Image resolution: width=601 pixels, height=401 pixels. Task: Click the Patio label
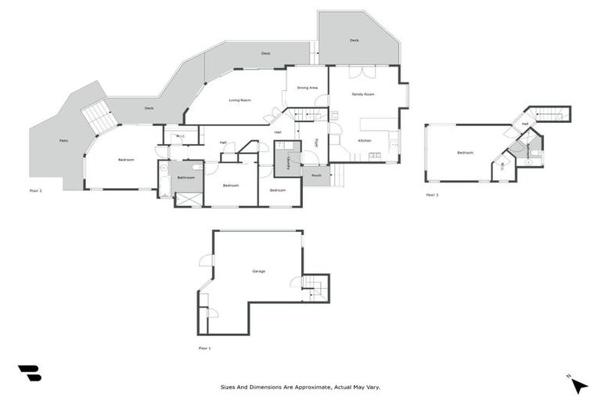[x=63, y=142]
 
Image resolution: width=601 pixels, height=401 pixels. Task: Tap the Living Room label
[x=239, y=100]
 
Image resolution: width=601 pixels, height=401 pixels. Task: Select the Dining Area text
[x=307, y=88]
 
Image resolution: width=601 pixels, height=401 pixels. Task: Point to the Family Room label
[x=362, y=94]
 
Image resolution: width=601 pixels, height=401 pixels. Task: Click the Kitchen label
[x=365, y=140]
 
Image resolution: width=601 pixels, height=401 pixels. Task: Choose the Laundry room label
[x=289, y=162]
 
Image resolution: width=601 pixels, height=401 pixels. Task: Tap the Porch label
[x=316, y=175]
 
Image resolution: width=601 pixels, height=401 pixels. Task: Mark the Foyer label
[x=316, y=143]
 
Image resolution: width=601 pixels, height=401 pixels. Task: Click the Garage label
[x=258, y=271]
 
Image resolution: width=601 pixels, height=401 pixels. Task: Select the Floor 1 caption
[x=204, y=348]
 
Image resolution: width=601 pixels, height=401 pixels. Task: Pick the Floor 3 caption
[x=432, y=194]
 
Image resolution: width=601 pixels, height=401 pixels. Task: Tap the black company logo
[x=30, y=373]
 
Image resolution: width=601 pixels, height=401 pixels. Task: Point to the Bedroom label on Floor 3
[x=465, y=153]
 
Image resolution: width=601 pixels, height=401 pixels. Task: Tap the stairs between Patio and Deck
[x=99, y=117]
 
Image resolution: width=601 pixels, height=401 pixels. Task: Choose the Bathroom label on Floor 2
[x=185, y=178]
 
